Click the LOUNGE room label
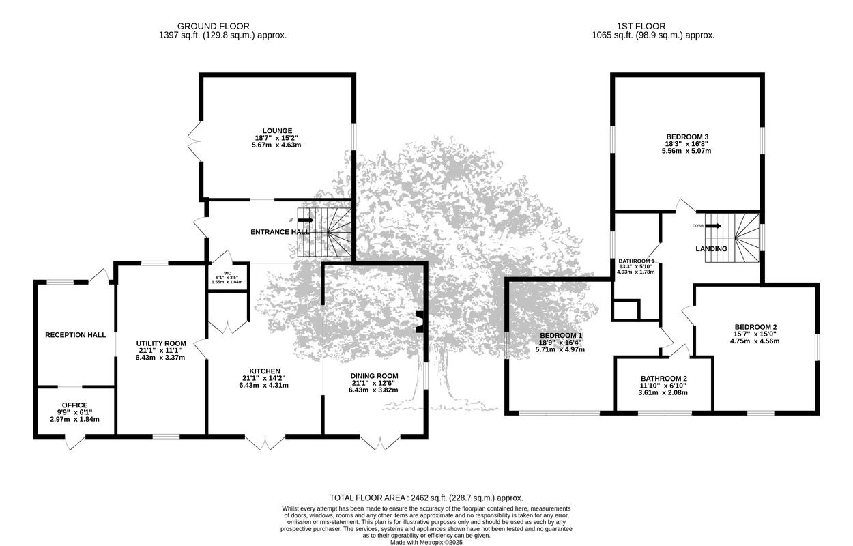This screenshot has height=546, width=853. [x=277, y=131]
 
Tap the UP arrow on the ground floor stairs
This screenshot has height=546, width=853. [x=306, y=220]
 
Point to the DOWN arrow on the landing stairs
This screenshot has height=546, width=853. [x=713, y=226]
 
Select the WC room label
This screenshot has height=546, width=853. [x=227, y=273]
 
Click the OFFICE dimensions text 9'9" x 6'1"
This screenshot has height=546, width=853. [x=74, y=412]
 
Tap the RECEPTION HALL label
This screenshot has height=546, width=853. [x=75, y=335]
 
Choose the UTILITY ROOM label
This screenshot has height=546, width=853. [x=161, y=343]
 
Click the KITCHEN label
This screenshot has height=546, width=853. [x=265, y=371]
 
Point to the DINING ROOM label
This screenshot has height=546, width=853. [x=375, y=376]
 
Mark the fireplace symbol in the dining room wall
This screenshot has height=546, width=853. [x=420, y=322]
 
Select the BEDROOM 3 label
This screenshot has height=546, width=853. [x=687, y=136]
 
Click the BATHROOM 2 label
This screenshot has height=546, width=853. [x=664, y=379]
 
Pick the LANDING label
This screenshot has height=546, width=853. [x=711, y=249]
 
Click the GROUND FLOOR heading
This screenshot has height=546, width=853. [x=213, y=26]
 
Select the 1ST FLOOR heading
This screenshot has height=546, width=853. [x=641, y=26]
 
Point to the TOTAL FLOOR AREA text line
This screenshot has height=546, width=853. [x=426, y=498]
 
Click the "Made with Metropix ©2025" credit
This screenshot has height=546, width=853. [x=426, y=542]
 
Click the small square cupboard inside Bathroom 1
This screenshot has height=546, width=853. [x=626, y=310]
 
